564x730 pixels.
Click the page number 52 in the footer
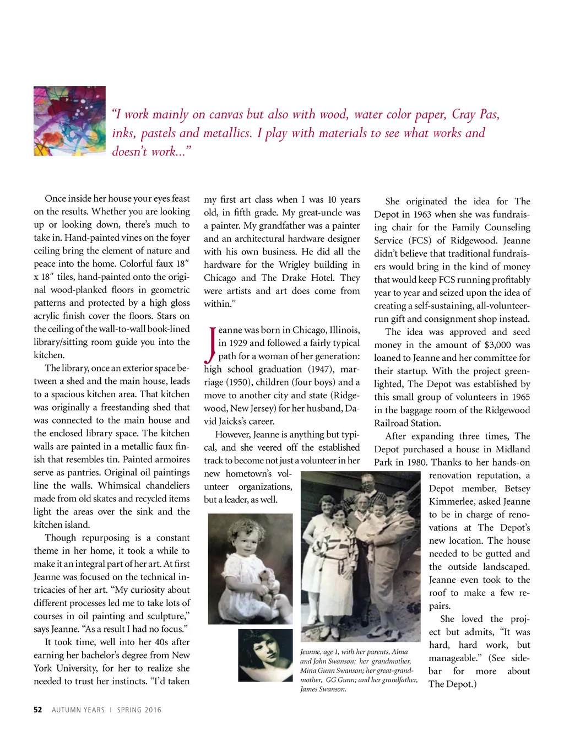coord(37,710)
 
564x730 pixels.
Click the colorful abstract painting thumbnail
coord(69,121)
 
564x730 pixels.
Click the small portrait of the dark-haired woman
coord(265,655)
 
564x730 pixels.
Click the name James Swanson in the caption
coord(323,689)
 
